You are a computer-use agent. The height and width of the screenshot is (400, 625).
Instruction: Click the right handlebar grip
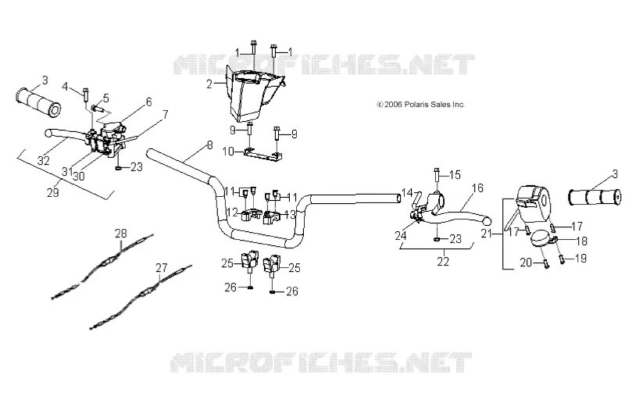(595, 197)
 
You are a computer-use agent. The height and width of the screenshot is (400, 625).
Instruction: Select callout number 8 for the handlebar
(209, 145)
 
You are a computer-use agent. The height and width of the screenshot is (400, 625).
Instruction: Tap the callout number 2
(209, 84)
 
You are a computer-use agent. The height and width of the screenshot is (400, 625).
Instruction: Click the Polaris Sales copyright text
(420, 105)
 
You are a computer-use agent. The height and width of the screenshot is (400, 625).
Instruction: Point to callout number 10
(228, 152)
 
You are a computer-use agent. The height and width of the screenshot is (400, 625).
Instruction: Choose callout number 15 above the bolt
(455, 174)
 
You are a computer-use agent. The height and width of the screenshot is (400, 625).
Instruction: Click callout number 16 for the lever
(477, 187)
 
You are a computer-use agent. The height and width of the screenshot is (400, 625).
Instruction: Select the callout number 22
(443, 262)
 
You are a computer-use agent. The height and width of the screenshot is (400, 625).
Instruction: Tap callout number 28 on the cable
(121, 234)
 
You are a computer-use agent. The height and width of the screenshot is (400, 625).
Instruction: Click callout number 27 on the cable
(162, 268)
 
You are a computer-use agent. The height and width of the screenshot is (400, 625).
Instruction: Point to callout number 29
(53, 192)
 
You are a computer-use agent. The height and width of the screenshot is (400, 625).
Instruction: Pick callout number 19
(580, 259)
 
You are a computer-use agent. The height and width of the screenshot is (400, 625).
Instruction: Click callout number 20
(526, 262)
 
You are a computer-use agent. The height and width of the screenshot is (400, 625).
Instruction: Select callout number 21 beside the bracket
(486, 234)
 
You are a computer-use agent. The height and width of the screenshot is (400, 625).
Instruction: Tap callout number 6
(148, 102)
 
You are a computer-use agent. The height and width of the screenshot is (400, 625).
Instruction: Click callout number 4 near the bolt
(66, 86)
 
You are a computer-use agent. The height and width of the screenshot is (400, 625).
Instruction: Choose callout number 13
(290, 214)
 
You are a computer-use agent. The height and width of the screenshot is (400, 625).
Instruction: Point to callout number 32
(44, 160)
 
